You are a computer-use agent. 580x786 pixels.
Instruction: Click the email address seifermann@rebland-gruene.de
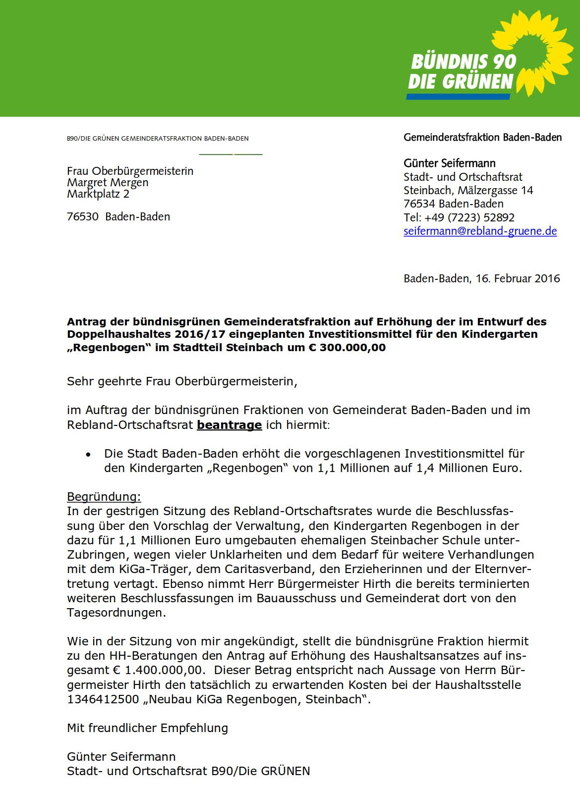click(x=480, y=231)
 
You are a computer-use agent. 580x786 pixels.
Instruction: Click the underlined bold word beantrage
click(x=229, y=425)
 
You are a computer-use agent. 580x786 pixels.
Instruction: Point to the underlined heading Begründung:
click(x=104, y=497)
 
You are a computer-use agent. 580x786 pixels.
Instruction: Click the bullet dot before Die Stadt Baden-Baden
click(x=88, y=454)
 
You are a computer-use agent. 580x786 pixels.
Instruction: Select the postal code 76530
click(x=83, y=216)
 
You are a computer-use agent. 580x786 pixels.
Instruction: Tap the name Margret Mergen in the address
click(x=108, y=182)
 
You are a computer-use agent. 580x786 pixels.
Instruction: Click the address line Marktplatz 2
click(x=98, y=194)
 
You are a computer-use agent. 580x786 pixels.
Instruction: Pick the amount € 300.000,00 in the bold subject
click(x=347, y=348)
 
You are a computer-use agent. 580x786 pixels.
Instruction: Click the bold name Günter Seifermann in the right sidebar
click(x=449, y=163)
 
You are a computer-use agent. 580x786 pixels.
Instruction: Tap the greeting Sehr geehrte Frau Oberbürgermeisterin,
click(x=182, y=381)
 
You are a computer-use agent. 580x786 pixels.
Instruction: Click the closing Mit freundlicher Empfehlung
click(x=147, y=728)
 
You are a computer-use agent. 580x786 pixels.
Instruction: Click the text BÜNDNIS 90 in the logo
click(x=464, y=62)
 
